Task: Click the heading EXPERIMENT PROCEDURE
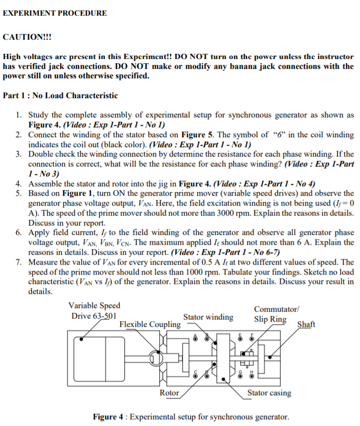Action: tap(55, 13)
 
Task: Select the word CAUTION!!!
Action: tap(28, 37)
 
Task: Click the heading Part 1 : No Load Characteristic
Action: tap(61, 96)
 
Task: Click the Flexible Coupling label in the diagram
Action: tap(150, 324)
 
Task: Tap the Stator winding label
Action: tap(208, 317)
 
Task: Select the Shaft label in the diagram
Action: tap(306, 324)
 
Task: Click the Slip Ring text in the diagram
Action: tap(270, 319)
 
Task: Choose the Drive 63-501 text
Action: tap(94, 316)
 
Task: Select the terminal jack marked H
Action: tap(251, 375)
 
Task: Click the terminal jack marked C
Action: tap(196, 375)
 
